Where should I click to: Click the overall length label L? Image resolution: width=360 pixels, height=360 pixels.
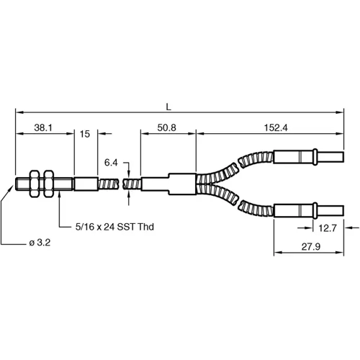click(168, 107)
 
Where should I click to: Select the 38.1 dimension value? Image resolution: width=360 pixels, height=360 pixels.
click(44, 127)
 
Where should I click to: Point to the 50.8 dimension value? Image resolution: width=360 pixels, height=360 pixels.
click(168, 127)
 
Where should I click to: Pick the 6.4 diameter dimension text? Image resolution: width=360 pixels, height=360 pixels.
click(111, 162)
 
